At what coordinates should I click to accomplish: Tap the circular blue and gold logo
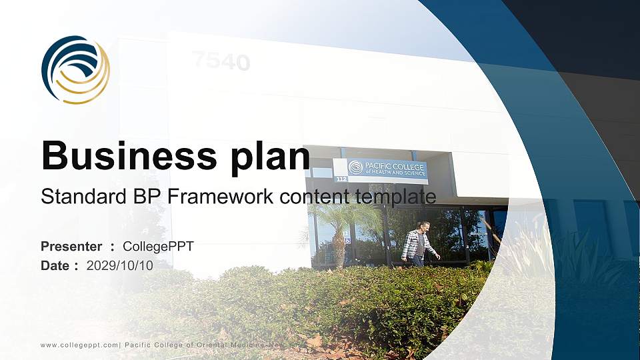[75, 69]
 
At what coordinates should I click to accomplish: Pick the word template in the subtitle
[398, 197]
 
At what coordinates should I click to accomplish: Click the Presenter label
[71, 247]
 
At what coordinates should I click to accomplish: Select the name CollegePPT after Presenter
[163, 247]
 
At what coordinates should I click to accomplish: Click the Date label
[56, 265]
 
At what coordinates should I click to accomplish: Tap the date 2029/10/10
[120, 265]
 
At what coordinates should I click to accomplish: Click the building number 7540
[221, 62]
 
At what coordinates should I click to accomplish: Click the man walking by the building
[418, 244]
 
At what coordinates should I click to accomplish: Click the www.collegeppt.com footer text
[79, 344]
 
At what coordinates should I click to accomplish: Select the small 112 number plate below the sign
[342, 179]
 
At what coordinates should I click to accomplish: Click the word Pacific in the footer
[137, 344]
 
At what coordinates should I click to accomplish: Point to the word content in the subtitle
[313, 197]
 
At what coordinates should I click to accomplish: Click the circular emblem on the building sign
[355, 167]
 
